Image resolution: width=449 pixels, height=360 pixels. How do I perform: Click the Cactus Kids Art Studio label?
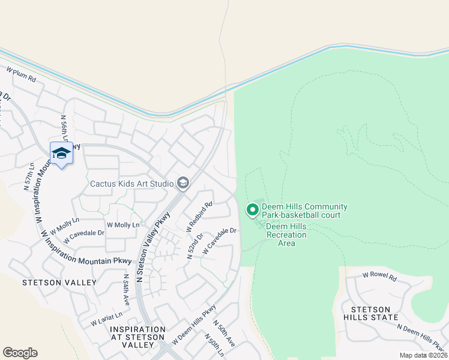click(x=132, y=183)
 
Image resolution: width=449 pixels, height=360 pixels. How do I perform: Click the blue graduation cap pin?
click(x=61, y=154)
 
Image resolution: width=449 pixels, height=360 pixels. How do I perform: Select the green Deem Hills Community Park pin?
click(x=253, y=211)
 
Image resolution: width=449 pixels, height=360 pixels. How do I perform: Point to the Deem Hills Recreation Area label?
click(x=286, y=235)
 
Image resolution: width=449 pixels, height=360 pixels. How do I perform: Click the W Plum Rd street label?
click(x=22, y=75)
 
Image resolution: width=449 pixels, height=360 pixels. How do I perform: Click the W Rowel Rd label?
click(x=380, y=277)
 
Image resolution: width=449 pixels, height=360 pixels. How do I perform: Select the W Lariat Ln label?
click(x=107, y=319)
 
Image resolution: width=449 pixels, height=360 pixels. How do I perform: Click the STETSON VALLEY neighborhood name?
click(x=59, y=282)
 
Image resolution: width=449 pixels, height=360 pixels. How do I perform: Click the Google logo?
click(x=20, y=353)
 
